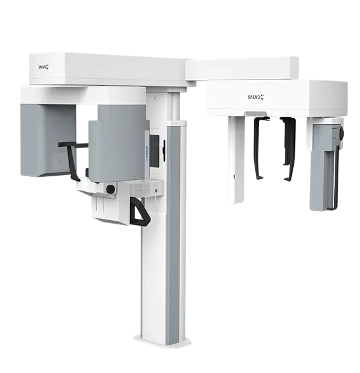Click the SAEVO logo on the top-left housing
point(43,67)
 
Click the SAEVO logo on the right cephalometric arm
point(256,97)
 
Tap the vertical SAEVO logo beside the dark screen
point(147,154)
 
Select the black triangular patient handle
point(140,211)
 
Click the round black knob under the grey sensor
point(111,189)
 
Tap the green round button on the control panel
point(156,190)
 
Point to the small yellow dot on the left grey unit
point(61,161)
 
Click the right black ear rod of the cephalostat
point(290,147)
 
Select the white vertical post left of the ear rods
point(236,159)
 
